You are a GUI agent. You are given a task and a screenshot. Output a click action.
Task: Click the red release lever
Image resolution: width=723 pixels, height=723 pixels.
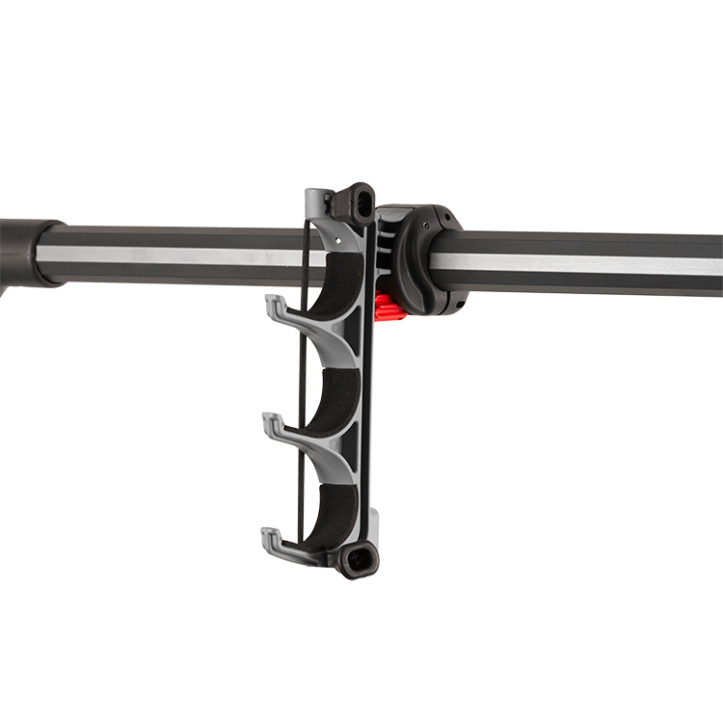tap(388, 308)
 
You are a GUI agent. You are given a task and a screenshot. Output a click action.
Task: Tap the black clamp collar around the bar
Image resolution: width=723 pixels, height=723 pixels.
tap(424, 258)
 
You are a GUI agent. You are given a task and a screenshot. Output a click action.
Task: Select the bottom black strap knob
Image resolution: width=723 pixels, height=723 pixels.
tap(358, 558)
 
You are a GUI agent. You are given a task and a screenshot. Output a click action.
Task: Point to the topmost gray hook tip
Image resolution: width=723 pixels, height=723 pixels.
tap(273, 304)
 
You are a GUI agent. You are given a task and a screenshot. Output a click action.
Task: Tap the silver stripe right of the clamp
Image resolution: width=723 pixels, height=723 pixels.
tap(588, 263)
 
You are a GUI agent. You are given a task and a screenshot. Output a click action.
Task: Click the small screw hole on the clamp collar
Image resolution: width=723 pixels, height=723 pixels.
tap(457, 307)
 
